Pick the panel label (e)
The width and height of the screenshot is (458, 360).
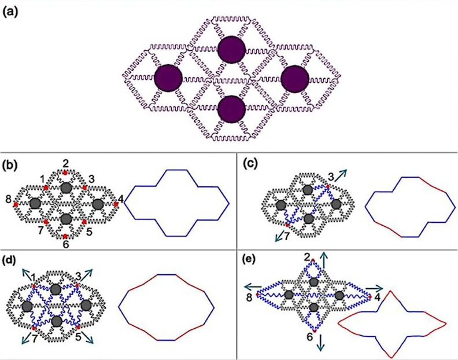(249, 259)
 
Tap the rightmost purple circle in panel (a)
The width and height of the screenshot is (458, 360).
(295, 78)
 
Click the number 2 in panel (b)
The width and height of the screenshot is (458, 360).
(66, 163)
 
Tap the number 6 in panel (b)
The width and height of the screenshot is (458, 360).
(66, 245)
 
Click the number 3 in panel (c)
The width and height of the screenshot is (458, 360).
(330, 175)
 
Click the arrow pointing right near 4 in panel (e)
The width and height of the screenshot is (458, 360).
(376, 288)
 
